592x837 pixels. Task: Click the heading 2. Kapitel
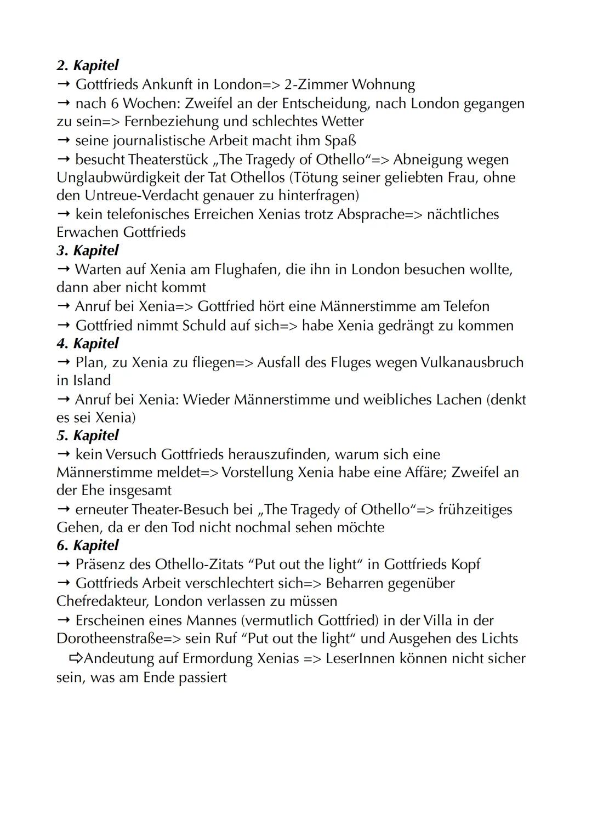tap(87, 65)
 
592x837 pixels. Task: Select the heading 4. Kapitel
tap(87, 344)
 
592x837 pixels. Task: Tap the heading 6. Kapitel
tap(87, 545)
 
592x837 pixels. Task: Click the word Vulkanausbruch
tap(472, 362)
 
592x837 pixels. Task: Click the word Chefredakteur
tap(102, 601)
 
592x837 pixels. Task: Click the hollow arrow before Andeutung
tap(76, 658)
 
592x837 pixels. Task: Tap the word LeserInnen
tap(360, 658)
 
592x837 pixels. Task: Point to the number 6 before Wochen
tap(114, 104)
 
